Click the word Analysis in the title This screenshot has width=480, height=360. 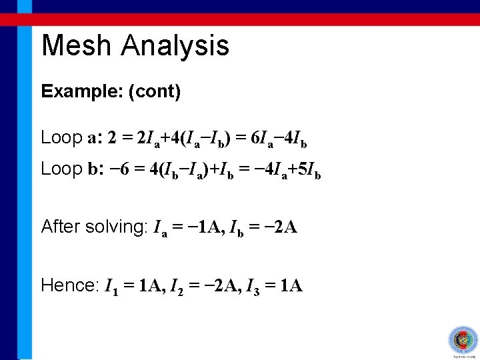(175, 46)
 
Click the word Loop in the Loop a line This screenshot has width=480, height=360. (61, 138)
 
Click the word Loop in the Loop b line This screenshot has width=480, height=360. (61, 169)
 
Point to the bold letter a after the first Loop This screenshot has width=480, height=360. (92, 139)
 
